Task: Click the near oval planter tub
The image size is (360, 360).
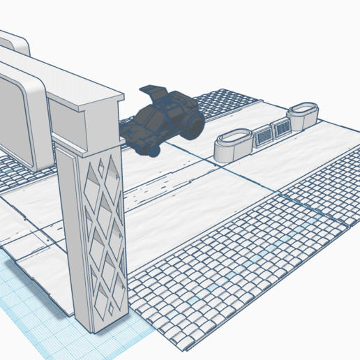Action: click(232, 144)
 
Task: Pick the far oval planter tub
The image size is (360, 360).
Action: click(303, 114)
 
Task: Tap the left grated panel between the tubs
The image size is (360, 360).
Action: click(263, 134)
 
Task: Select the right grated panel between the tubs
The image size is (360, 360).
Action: click(281, 127)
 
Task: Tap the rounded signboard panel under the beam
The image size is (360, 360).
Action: click(17, 119)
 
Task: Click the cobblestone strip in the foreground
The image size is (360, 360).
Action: click(230, 272)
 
